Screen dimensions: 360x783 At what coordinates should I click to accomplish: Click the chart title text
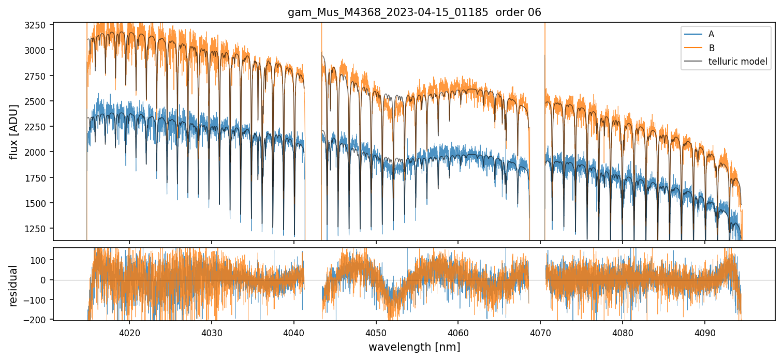tap(414, 12)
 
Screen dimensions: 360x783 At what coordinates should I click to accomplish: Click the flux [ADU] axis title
tap(14, 131)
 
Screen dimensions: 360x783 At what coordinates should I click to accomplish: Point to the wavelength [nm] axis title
tap(414, 347)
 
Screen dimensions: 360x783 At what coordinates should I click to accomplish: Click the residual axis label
tap(13, 286)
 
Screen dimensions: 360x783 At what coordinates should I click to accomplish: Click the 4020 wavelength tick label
tap(129, 332)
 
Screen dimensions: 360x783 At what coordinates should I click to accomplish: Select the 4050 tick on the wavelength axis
tap(376, 332)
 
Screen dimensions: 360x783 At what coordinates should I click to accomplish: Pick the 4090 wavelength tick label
tap(705, 332)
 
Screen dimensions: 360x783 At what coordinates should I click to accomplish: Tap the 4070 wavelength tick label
tap(540, 332)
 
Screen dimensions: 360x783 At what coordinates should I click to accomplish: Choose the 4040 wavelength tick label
tap(294, 332)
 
